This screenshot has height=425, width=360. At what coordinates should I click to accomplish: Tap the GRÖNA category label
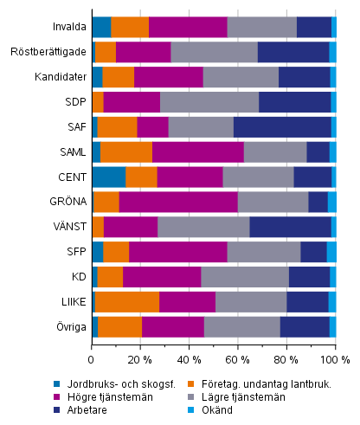66,202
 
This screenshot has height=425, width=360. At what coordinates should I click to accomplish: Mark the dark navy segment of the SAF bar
282,127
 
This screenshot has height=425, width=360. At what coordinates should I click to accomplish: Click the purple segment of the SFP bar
177,252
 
